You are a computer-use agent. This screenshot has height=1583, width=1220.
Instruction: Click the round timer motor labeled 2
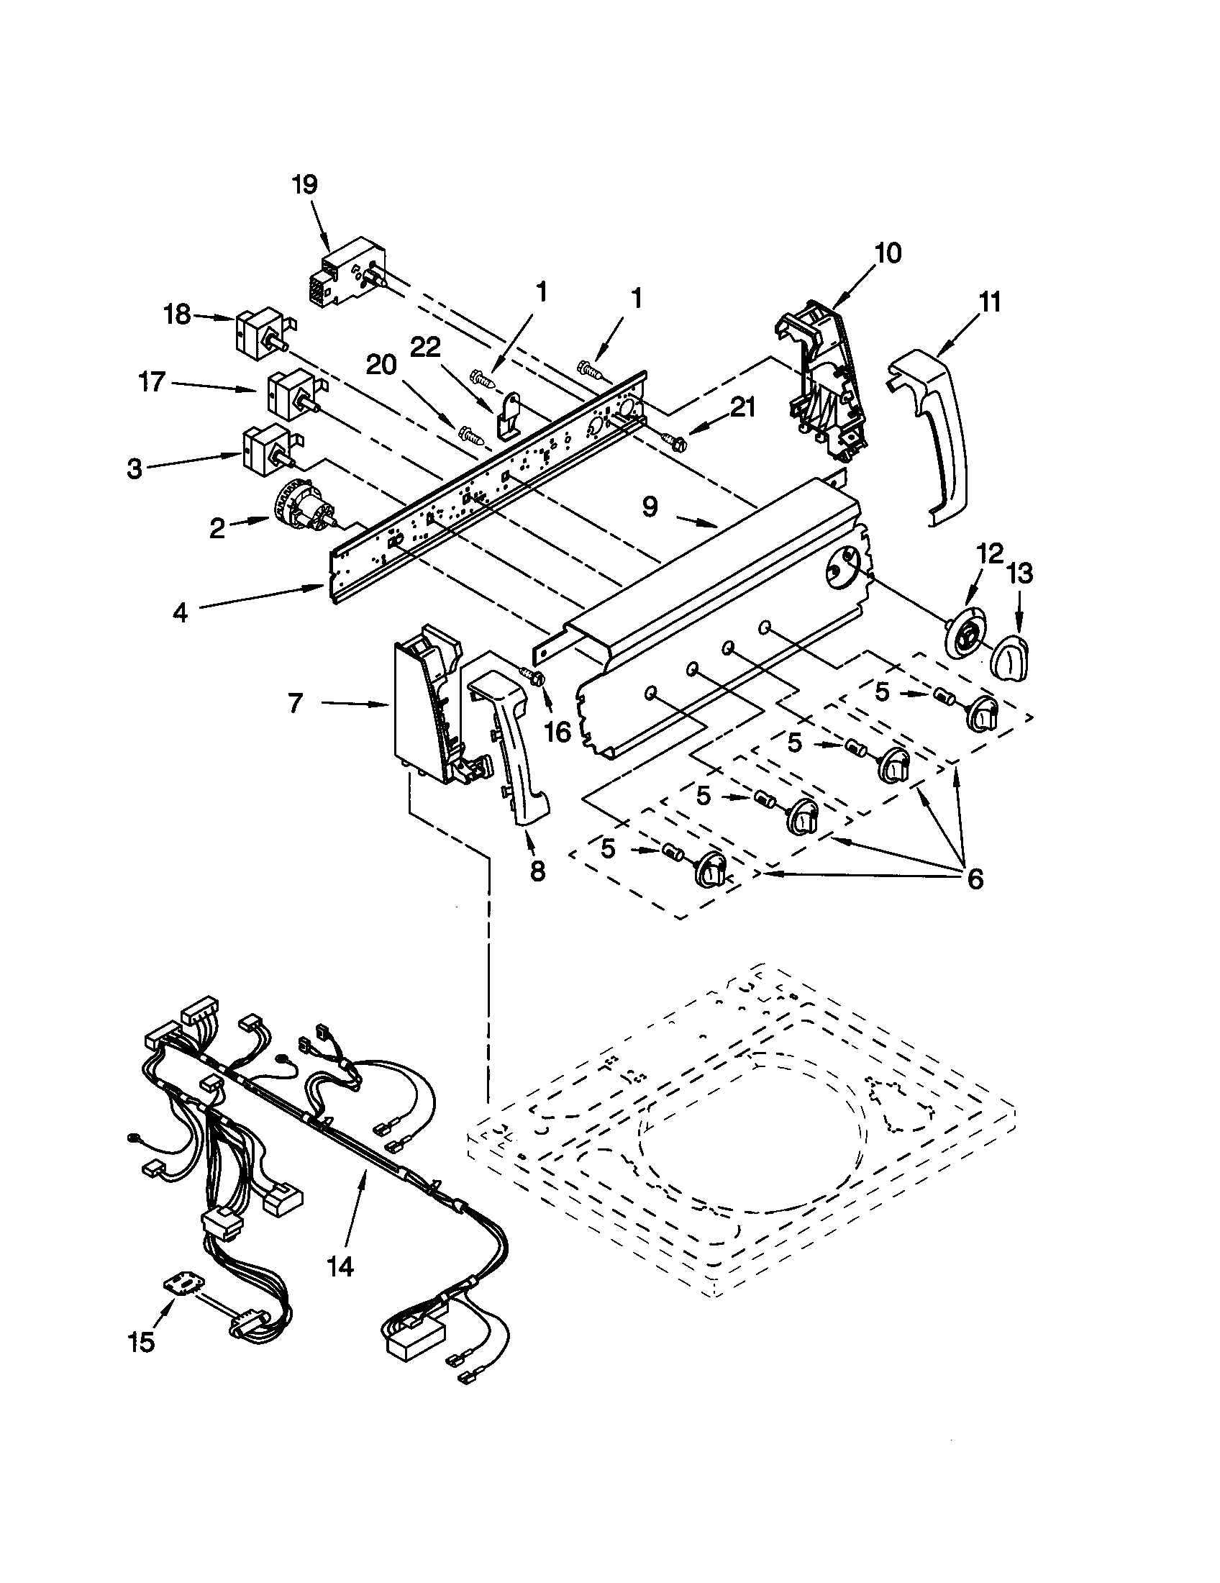(304, 510)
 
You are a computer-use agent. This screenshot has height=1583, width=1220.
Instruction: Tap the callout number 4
(180, 612)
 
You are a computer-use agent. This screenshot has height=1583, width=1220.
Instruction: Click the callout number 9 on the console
(650, 507)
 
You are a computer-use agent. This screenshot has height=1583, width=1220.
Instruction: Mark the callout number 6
(975, 879)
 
